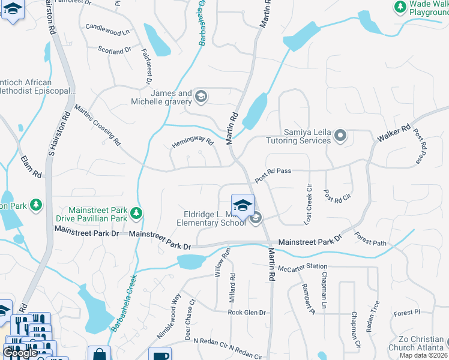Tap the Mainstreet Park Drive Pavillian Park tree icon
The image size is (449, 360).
pos(137,212)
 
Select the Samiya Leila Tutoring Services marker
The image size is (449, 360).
pos(340,136)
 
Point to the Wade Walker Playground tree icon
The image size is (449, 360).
pos(400,7)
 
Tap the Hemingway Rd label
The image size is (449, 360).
pos(193,143)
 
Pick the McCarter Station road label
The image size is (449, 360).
pos(303,266)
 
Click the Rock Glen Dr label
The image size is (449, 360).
pos(246,313)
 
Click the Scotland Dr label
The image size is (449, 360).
pos(115,51)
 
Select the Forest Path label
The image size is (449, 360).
pos(370,239)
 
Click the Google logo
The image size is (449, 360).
pos(20,353)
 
